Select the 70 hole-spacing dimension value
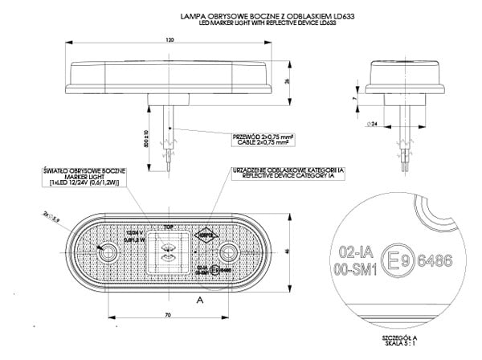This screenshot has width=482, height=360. click(x=169, y=314)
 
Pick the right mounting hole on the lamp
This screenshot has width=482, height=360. click(x=229, y=255)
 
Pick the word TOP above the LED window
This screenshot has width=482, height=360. click(x=170, y=227)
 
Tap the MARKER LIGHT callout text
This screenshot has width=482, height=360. click(x=83, y=177)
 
